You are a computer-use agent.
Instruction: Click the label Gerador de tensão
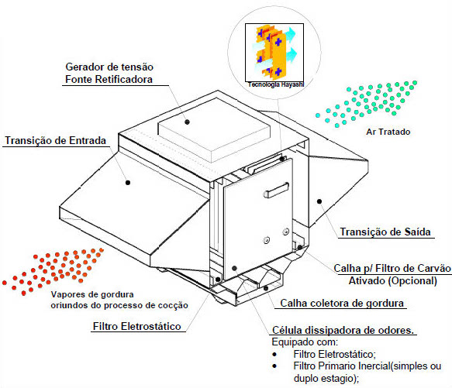(x=109, y=67)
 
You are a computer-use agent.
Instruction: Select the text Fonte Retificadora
(x=109, y=79)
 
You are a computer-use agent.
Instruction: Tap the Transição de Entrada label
(x=56, y=141)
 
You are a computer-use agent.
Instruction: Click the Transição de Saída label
(x=385, y=232)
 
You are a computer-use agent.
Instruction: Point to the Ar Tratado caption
(x=388, y=132)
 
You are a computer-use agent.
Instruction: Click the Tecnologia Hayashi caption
(x=276, y=84)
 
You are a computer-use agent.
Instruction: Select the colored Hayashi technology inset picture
(x=274, y=53)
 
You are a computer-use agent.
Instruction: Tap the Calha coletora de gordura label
(x=342, y=304)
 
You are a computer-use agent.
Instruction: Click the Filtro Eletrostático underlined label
(x=136, y=326)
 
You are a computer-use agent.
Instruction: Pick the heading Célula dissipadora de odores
(x=343, y=330)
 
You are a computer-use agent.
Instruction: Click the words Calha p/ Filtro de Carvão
(x=392, y=269)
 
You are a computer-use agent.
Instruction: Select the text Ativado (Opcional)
(x=392, y=281)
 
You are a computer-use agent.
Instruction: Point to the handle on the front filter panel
(x=276, y=191)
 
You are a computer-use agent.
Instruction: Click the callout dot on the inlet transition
(x=128, y=183)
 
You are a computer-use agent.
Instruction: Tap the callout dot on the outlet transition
(x=319, y=201)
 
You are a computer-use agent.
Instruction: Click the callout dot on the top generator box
(x=187, y=122)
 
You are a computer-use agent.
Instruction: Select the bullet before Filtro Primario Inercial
(x=274, y=366)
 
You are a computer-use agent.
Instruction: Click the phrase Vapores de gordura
(x=92, y=294)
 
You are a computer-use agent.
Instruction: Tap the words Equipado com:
(x=305, y=342)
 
